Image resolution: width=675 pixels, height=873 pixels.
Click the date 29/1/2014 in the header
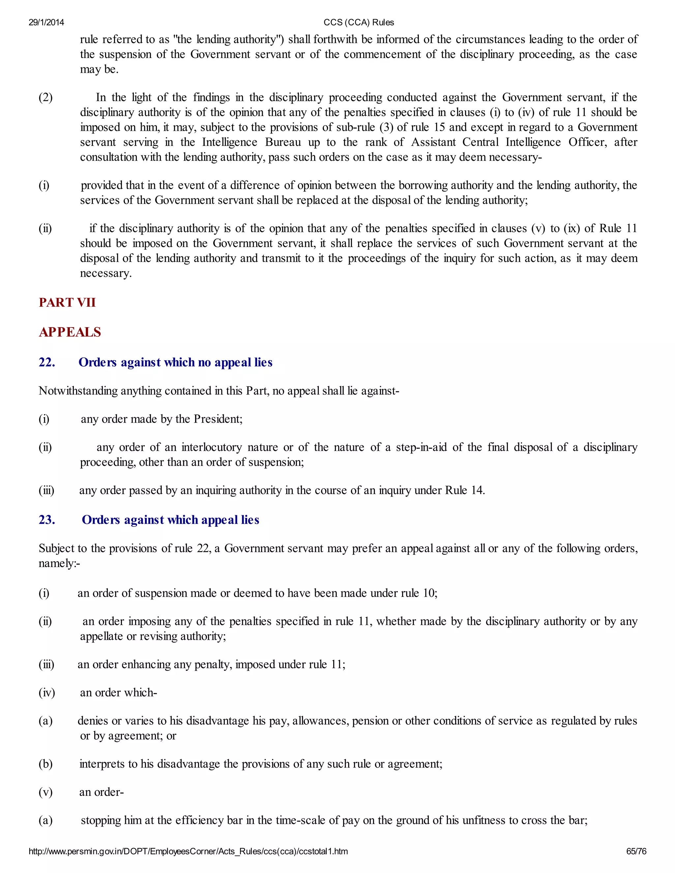46,22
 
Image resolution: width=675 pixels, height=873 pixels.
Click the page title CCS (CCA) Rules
359,22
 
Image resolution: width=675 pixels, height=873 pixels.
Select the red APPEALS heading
70,332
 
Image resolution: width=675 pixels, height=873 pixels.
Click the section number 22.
47,362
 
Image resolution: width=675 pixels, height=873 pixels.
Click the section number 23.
47,520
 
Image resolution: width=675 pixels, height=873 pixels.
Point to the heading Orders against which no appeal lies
176,362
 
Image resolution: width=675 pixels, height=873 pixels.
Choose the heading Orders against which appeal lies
171,520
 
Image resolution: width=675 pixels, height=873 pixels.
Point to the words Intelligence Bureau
251,142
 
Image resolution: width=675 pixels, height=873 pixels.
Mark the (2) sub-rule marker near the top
45,98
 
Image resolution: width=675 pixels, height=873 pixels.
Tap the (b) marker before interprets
45,764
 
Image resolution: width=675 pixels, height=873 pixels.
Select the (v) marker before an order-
45,792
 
